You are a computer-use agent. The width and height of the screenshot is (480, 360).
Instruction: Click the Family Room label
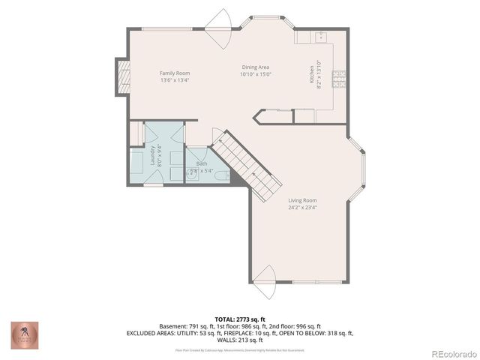click(x=174, y=73)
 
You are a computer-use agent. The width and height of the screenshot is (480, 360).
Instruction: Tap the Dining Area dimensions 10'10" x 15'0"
click(x=255, y=74)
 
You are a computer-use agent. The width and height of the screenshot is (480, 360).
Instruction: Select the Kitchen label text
click(x=313, y=75)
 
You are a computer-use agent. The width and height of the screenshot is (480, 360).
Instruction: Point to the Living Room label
click(x=302, y=200)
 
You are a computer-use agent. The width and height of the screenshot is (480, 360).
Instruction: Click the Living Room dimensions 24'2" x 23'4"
click(x=302, y=208)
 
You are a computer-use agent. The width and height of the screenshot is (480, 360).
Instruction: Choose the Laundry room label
click(x=152, y=154)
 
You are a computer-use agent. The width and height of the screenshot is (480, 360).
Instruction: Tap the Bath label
click(x=202, y=163)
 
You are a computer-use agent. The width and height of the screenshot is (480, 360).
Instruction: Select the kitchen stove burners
click(x=339, y=76)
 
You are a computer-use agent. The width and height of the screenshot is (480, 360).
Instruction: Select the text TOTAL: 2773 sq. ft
click(x=240, y=319)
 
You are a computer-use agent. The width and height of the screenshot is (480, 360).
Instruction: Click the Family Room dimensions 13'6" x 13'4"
click(x=174, y=80)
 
